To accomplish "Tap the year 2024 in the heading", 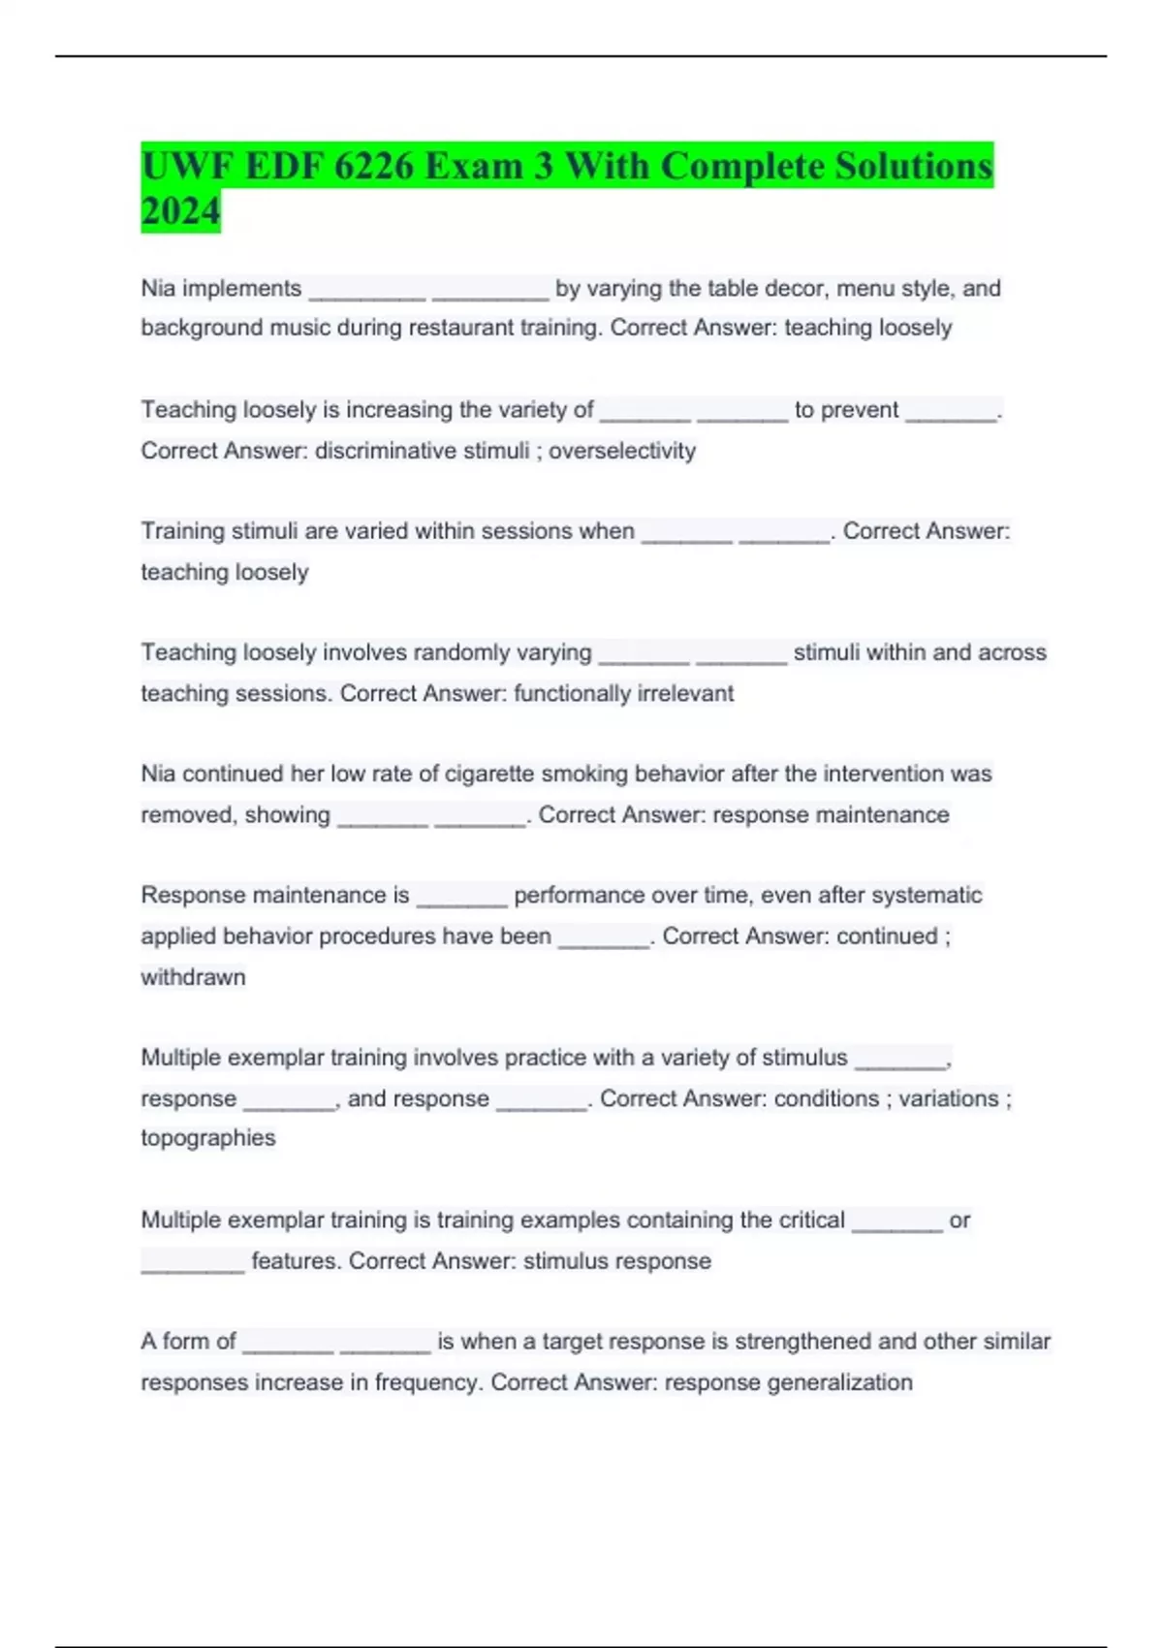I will click(180, 210).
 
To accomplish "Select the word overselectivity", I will click(622, 451).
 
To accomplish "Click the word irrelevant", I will click(685, 693).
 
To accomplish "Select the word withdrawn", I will click(193, 977).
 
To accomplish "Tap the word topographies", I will click(207, 1138).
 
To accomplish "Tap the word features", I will click(296, 1261).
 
